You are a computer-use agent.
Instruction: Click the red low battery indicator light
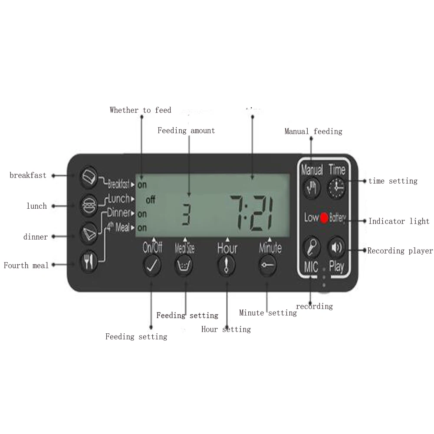pos(324,218)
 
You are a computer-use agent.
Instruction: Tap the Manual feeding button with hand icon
pos(312,188)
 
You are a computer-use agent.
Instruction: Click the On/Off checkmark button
pos(152,266)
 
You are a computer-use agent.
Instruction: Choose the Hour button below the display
pos(227,266)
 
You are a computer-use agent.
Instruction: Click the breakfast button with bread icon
pos(89,176)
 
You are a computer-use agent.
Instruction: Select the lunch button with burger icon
pos(89,205)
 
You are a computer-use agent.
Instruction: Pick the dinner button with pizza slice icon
pos(89,233)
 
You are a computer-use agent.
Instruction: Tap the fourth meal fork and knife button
pos(89,262)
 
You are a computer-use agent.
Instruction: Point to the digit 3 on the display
pos(186,215)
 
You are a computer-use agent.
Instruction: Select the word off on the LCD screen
pos(150,200)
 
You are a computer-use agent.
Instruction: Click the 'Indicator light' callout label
pos(398,221)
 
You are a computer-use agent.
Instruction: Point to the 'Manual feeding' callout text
pos(313,131)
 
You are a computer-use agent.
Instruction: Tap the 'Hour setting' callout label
pos(226,329)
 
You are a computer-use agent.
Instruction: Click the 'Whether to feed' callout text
pos(140,110)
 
